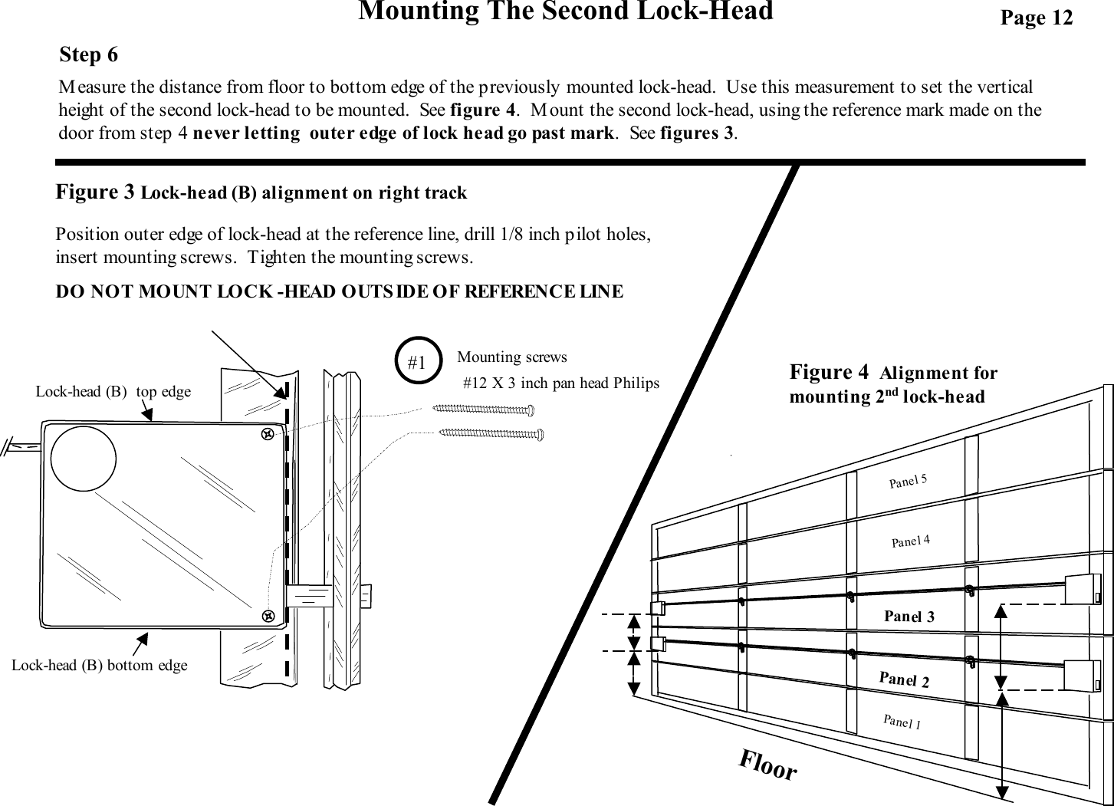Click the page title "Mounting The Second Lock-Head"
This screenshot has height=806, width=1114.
point(566,12)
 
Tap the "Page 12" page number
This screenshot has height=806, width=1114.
point(1036,18)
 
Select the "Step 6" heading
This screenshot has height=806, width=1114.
point(89,55)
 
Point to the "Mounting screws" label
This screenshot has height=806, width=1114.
point(511,357)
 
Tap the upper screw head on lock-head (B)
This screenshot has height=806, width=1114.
point(268,434)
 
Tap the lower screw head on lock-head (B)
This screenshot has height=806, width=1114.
point(268,615)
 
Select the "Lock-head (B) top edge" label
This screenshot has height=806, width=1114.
point(113,392)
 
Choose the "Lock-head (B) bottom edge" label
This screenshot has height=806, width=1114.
point(100,665)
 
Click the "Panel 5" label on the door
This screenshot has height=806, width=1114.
point(908,481)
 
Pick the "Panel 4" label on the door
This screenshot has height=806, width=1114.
point(911,541)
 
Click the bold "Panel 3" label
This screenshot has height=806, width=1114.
point(909,616)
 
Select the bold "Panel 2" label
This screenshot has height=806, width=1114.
point(904,679)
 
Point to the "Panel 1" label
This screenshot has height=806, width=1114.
point(902,722)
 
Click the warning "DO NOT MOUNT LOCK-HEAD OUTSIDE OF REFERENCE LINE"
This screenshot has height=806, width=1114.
point(340,291)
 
